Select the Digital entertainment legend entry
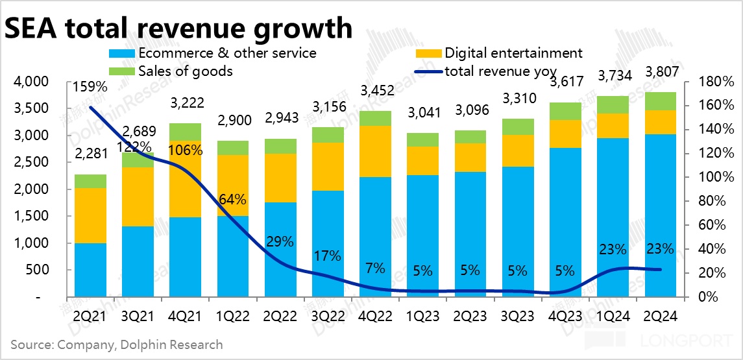(x=513, y=53)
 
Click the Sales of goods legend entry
(x=185, y=71)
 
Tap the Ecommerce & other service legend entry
(x=226, y=53)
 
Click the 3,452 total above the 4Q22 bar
(x=375, y=91)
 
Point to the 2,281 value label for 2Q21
(x=91, y=154)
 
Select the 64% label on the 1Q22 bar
(x=233, y=198)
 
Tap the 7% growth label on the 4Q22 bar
(x=375, y=267)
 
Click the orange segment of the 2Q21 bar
(x=91, y=215)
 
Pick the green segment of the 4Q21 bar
(x=186, y=132)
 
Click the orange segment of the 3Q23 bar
(x=518, y=150)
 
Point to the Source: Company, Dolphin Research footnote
(x=116, y=344)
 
